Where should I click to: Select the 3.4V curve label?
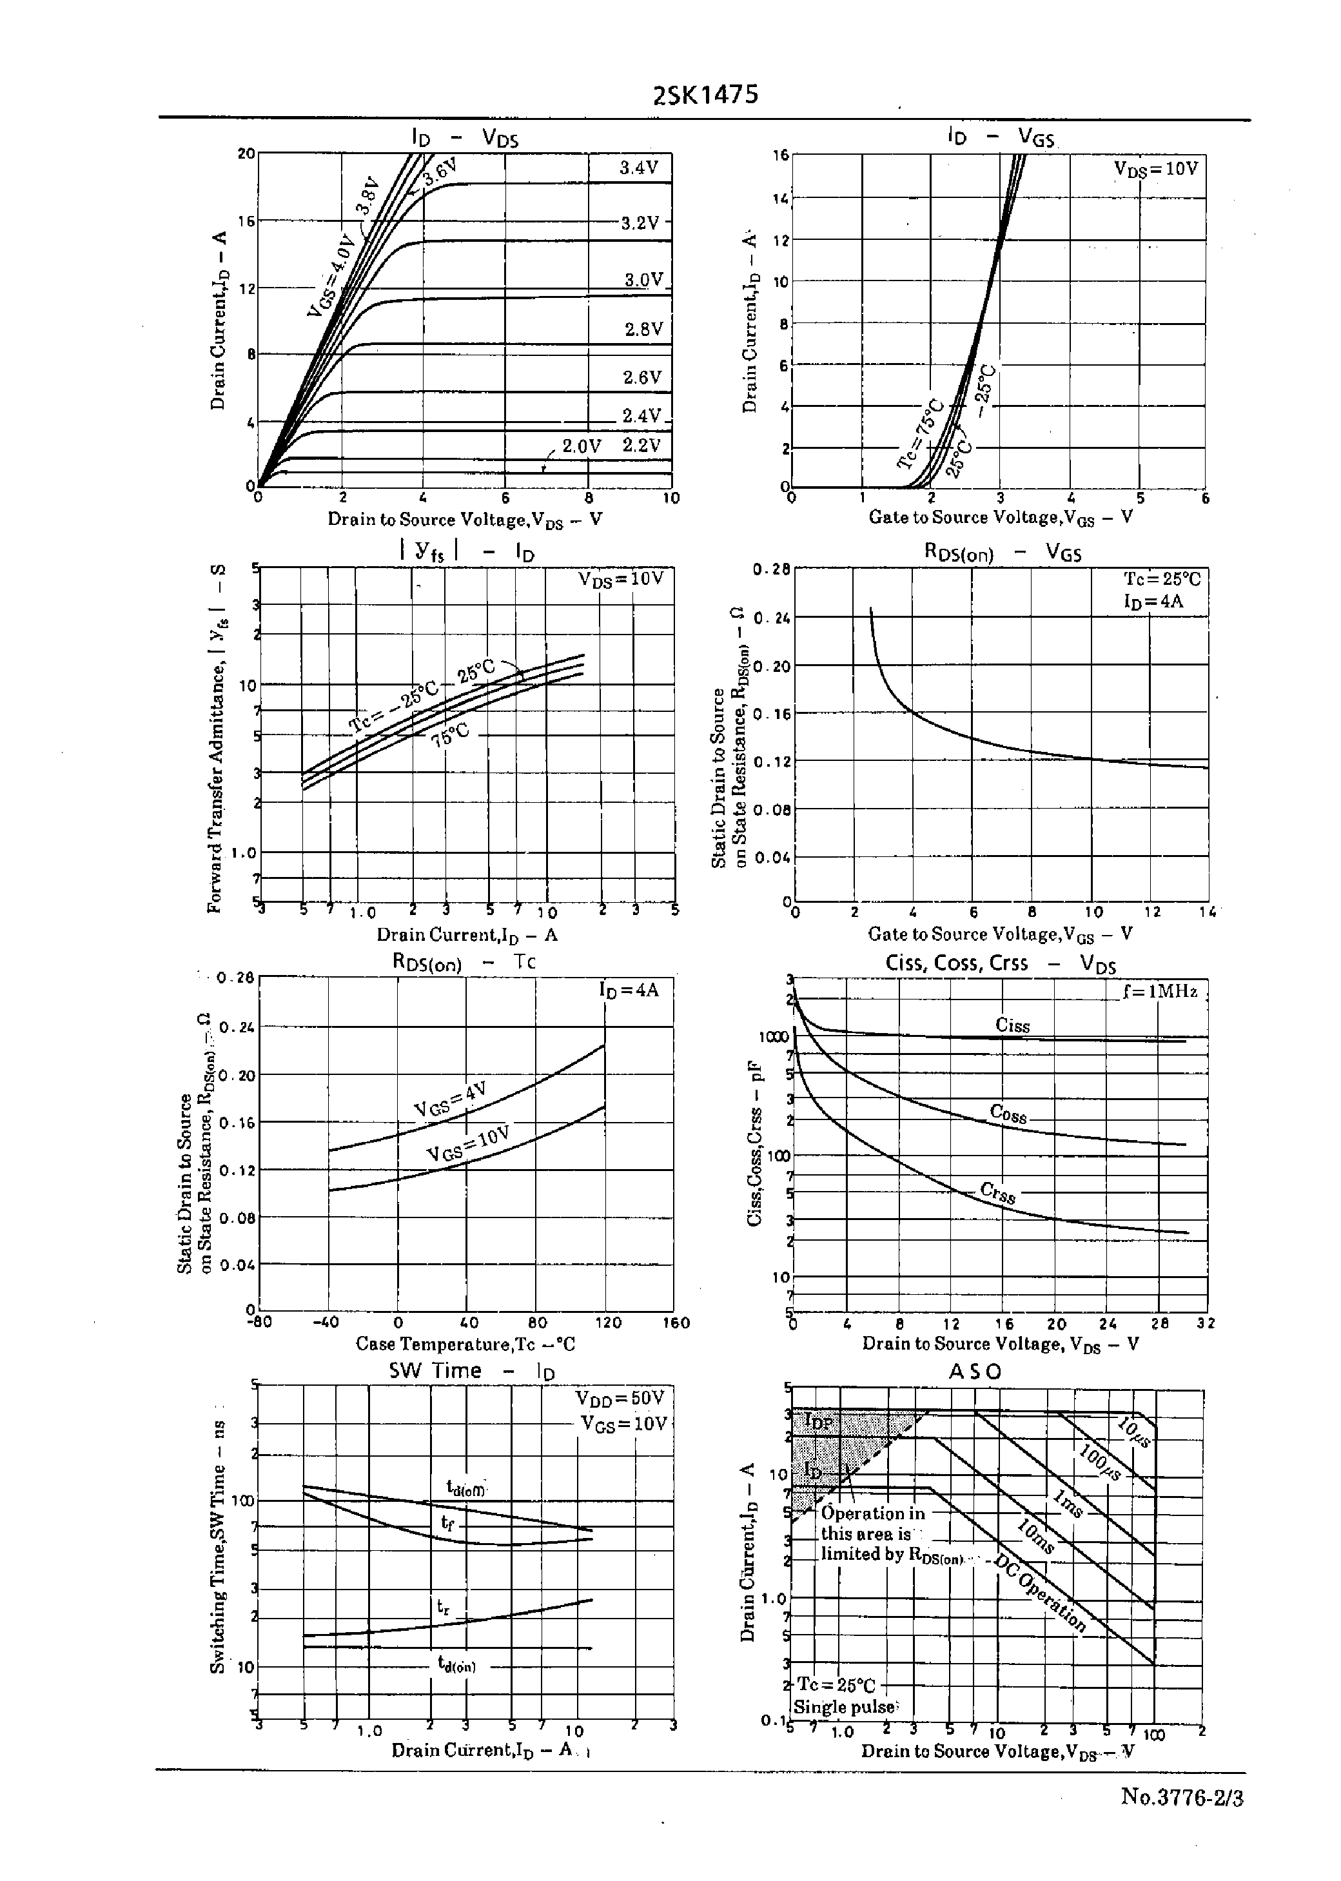(x=638, y=168)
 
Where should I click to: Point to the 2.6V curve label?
(x=641, y=377)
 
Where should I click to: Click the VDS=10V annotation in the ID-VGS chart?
(x=1155, y=168)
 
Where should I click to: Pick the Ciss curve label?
(x=1012, y=1025)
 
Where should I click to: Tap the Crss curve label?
(x=997, y=1192)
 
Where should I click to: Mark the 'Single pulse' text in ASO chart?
(x=844, y=1707)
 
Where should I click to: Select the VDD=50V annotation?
(x=620, y=1398)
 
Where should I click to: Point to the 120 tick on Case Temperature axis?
(x=608, y=1323)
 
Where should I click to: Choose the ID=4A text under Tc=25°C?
(x=1153, y=601)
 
